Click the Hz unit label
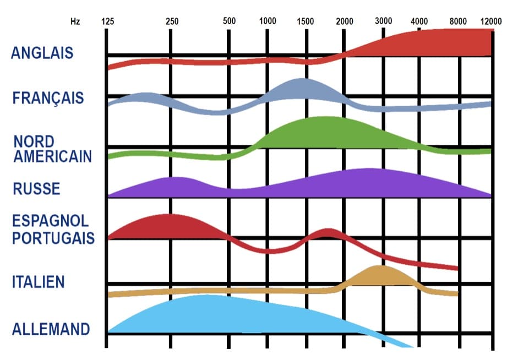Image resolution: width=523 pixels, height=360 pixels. [x=75, y=21]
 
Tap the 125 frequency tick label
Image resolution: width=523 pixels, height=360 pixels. [x=107, y=21]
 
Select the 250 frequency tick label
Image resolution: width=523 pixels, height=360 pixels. [x=172, y=21]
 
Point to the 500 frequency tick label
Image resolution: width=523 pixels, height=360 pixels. [x=229, y=21]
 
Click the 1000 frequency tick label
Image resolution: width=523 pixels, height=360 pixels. [x=268, y=21]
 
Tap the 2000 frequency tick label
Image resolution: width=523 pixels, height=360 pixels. [x=345, y=21]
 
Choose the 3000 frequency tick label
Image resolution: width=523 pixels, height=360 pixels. [x=384, y=21]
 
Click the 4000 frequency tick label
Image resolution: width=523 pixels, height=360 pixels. [x=420, y=21]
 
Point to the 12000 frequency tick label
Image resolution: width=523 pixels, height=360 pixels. [x=491, y=21]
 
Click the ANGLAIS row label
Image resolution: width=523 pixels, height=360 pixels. [x=42, y=53]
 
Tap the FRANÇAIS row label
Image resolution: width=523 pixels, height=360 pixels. [x=48, y=98]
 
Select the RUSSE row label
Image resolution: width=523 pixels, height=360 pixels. [x=36, y=189]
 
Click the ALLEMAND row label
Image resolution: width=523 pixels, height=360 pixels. [x=51, y=330]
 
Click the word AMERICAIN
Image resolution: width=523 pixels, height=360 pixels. [x=53, y=156]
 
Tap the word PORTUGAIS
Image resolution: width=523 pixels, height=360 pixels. [x=53, y=238]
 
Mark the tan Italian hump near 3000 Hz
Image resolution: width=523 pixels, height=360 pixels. [x=379, y=276]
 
